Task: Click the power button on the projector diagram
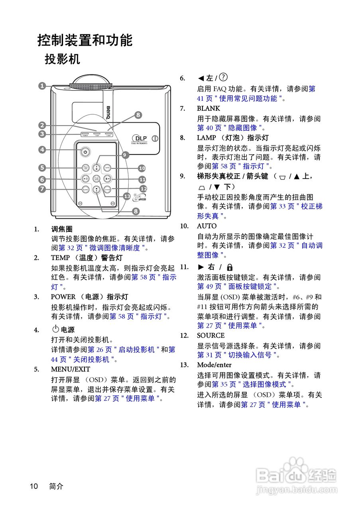click(85, 151)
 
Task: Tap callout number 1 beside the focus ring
click(42, 85)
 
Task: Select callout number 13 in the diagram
click(127, 196)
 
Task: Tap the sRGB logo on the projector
click(140, 198)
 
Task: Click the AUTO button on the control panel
click(107, 168)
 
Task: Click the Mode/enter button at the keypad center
click(96, 179)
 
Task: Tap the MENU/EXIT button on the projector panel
click(85, 168)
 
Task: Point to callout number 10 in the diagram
click(142, 169)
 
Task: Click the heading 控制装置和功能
click(85, 40)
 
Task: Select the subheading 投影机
click(62, 59)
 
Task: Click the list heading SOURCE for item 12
click(210, 335)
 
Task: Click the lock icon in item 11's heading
click(230, 267)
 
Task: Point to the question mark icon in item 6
click(224, 77)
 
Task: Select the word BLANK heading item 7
click(208, 108)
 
